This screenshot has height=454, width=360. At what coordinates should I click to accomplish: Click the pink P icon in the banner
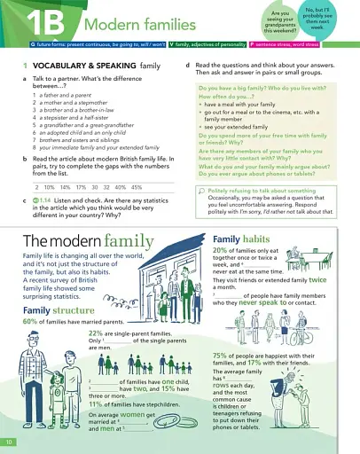tap(253, 43)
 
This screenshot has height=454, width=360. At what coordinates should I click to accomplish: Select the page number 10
tap(9, 441)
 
